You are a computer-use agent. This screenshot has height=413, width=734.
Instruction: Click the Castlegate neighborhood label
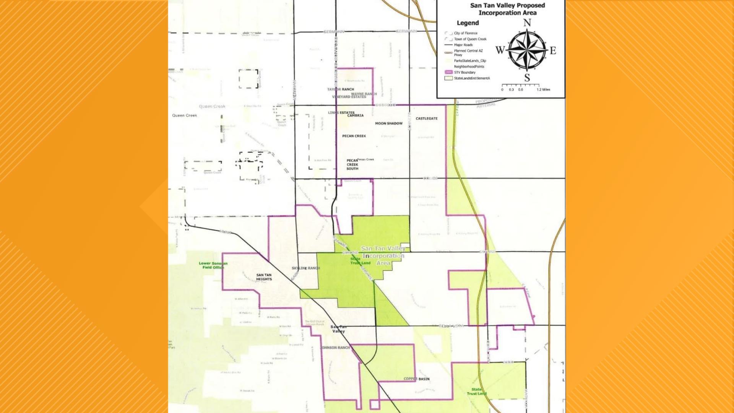[427, 119]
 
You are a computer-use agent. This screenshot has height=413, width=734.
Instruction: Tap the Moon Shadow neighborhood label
[389, 124]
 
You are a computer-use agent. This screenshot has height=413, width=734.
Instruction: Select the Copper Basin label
[417, 379]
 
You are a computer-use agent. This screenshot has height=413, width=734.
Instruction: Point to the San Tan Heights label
[264, 277]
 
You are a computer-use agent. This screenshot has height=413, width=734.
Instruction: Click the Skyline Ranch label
[306, 268]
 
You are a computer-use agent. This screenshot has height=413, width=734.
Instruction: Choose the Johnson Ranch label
[336, 348]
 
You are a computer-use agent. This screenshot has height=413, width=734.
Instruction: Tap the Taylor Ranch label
[341, 89]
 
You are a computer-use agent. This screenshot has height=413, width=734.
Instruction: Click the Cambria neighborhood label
[356, 115]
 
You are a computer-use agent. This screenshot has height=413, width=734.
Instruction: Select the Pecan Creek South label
[352, 165]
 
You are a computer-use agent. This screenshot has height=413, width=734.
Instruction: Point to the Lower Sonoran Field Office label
[213, 265]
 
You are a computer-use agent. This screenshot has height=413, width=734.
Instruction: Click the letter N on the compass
[527, 23]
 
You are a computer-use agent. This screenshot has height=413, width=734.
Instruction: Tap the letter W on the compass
[500, 50]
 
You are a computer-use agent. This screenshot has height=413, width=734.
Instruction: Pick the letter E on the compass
[553, 50]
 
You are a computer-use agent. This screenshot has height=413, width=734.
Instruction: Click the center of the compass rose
[527, 50]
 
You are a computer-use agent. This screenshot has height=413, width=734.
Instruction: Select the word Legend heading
[468, 23]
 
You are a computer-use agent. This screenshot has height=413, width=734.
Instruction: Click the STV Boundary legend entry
[465, 72]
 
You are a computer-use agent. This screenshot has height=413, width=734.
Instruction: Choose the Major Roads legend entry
[463, 45]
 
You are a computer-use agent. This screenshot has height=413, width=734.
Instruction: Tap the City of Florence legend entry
[466, 33]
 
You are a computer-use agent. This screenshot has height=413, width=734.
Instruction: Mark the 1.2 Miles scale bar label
[543, 89]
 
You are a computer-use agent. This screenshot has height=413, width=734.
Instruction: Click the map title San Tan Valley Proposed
[507, 5]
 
